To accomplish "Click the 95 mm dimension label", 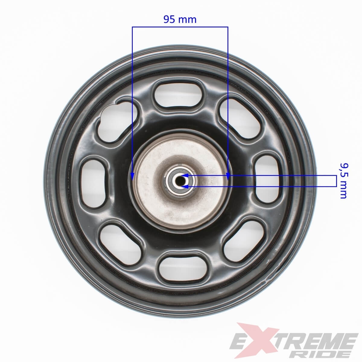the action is click(180, 20).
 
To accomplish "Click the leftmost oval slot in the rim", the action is click(93, 184).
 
